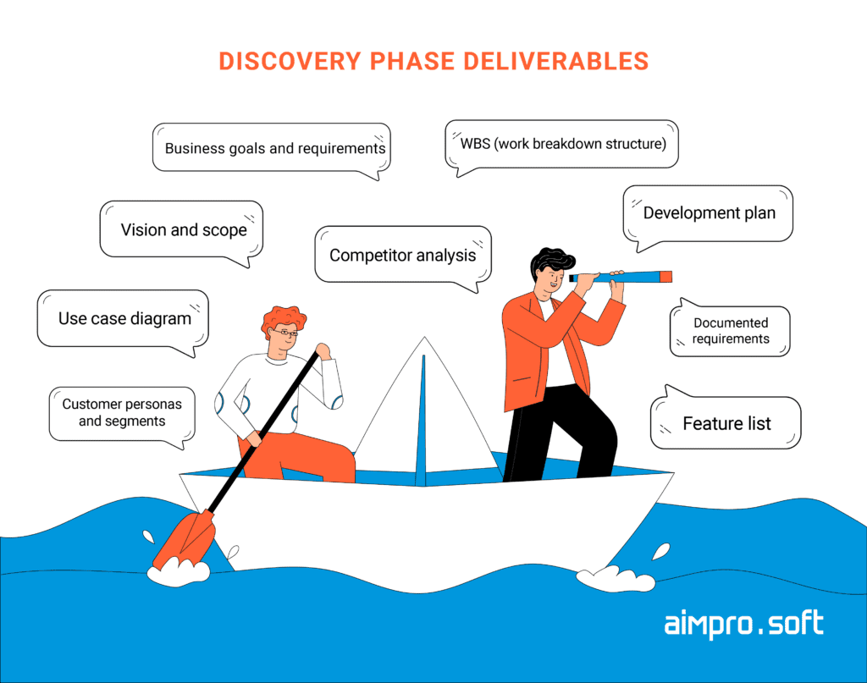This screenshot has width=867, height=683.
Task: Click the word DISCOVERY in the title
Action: click(x=290, y=61)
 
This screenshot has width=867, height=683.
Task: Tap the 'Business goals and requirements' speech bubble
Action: click(x=272, y=148)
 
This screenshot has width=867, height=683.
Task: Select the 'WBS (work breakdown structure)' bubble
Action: click(x=562, y=144)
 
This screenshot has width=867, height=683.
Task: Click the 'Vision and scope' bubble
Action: click(x=181, y=229)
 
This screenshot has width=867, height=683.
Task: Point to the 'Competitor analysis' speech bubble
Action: click(x=402, y=255)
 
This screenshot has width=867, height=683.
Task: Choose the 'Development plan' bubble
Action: click(x=708, y=214)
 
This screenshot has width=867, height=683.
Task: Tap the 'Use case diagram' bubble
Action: click(x=123, y=319)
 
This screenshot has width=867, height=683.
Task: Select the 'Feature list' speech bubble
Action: click(x=726, y=422)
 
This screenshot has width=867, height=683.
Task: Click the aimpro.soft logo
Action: click(x=743, y=624)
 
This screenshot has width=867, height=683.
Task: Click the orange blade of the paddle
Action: click(x=184, y=539)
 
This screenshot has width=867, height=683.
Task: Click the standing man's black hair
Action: click(x=550, y=262)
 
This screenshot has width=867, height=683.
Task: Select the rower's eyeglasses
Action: click(x=285, y=333)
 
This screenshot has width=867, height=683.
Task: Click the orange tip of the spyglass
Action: click(x=666, y=277)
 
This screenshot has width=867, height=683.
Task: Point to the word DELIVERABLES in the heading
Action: click(x=556, y=61)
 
